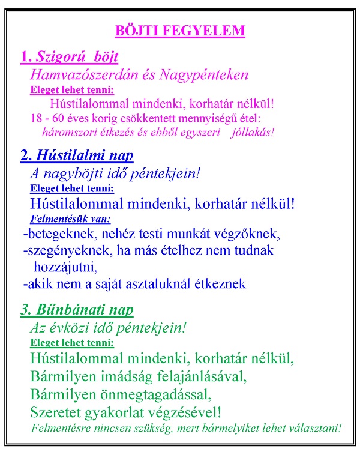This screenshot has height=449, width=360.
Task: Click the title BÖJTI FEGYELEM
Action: [179, 30]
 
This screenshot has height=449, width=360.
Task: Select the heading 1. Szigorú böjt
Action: [69, 57]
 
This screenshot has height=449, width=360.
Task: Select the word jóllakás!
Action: [252, 132]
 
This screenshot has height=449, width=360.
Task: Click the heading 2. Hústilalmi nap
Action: [77, 155]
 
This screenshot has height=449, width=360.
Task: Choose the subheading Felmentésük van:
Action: [70, 219]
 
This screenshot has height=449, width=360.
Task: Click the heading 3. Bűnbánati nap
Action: [77, 310]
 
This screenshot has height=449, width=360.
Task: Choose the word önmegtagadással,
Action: [158, 394]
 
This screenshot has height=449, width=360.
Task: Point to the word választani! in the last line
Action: [313, 428]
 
